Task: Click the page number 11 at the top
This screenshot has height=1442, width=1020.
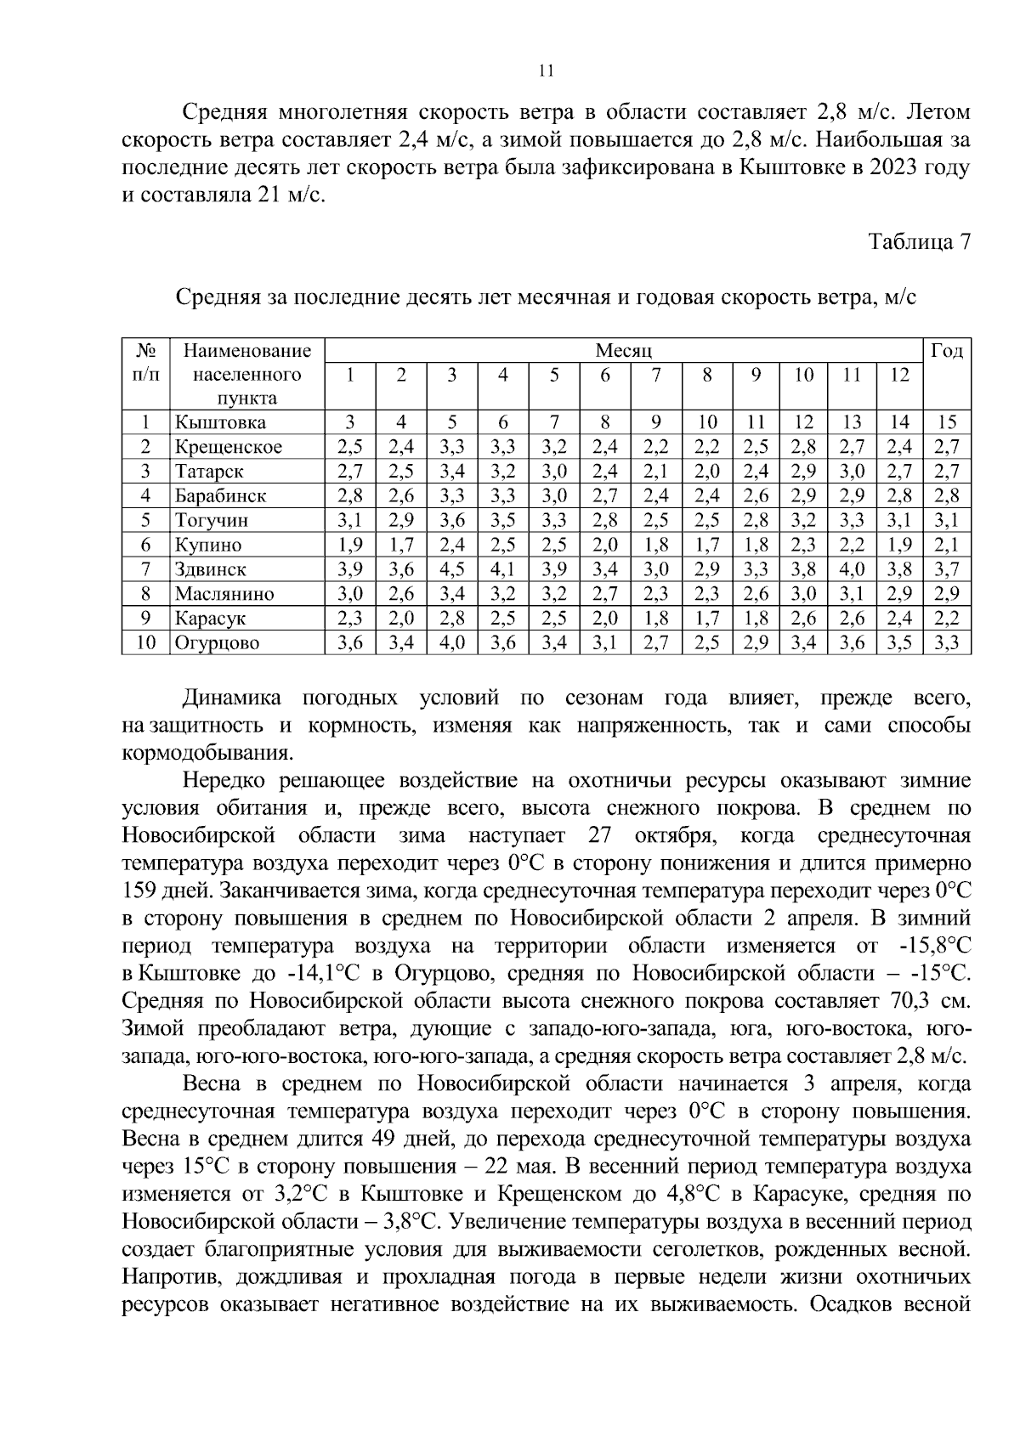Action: point(547,71)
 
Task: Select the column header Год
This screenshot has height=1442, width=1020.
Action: point(947,351)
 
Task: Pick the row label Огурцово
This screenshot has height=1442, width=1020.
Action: point(217,643)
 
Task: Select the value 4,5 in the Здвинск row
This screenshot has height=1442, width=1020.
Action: point(451,569)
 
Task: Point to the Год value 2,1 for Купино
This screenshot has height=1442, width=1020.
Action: point(946,545)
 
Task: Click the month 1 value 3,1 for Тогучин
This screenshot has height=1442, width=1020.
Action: point(350,520)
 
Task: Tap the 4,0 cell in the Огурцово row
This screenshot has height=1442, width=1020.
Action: point(451,643)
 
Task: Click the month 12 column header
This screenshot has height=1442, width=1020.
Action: point(900,375)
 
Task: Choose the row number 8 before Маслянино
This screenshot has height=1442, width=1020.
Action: point(145,594)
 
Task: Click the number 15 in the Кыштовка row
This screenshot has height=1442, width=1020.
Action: point(946,422)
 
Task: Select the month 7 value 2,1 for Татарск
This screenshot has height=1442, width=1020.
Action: point(655,471)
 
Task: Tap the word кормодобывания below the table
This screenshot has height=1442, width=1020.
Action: point(207,753)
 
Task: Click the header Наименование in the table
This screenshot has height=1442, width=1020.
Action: point(247,351)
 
